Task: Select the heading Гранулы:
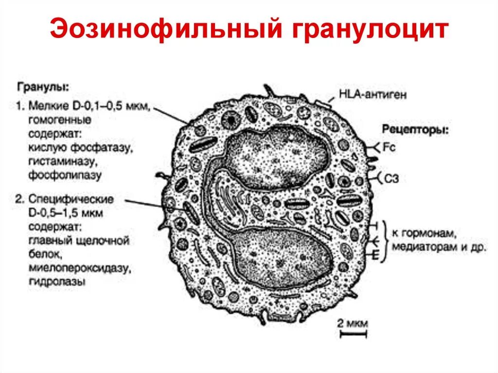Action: tap(43, 88)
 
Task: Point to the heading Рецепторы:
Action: tap(415, 130)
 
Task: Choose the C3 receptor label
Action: tap(391, 178)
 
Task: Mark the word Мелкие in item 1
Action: tap(43, 106)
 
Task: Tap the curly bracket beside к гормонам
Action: tap(387, 241)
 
